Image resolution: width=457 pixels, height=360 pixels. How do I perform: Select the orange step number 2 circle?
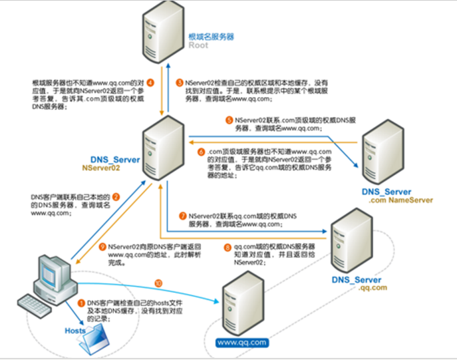click(115, 197)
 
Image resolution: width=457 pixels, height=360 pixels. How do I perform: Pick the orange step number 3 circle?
click(179, 83)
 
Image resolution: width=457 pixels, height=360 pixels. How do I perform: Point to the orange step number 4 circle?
click(150, 83)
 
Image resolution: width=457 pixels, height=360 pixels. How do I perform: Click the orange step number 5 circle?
click(229, 120)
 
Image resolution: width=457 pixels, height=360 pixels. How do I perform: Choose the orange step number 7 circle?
click(182, 217)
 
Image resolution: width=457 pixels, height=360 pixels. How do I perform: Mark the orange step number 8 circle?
click(228, 248)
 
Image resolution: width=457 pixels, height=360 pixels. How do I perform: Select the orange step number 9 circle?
click(102, 246)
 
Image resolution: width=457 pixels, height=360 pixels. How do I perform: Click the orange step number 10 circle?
click(158, 281)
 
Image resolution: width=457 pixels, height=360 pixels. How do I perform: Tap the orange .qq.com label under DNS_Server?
click(373, 288)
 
